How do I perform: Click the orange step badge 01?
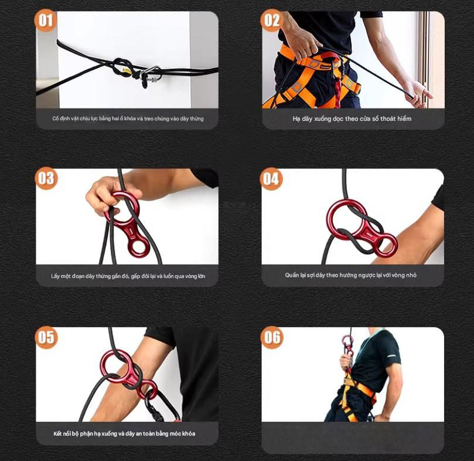click(x=46, y=21)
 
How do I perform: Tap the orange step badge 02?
click(x=272, y=21)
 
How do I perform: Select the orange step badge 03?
click(x=46, y=178)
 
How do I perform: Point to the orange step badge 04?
click(x=271, y=179)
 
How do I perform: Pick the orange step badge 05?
click(x=46, y=337)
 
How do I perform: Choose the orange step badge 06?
click(x=272, y=337)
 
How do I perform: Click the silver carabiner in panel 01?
click(x=151, y=74)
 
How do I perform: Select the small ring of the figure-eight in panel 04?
click(x=386, y=243)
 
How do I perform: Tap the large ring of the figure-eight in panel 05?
click(x=115, y=365)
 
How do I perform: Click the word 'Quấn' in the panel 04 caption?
click(x=291, y=275)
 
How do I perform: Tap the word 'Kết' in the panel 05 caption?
click(x=57, y=433)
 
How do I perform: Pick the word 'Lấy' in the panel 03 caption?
click(x=55, y=276)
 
